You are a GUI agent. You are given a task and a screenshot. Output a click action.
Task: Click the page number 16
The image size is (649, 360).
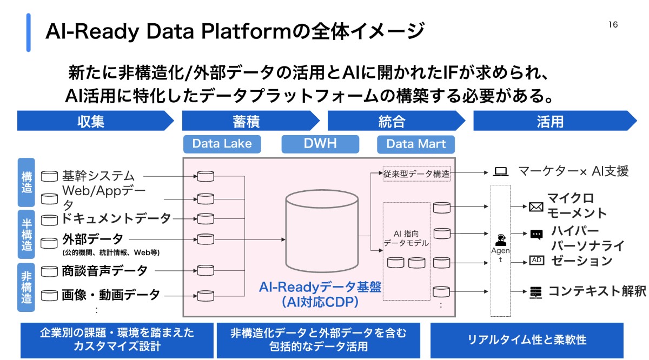(x=613, y=25)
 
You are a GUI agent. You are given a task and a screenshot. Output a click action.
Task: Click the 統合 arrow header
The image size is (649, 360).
(x=392, y=121)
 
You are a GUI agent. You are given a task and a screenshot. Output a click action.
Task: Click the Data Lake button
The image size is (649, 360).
(x=222, y=144)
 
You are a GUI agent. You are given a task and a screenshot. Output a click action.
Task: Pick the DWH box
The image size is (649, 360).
(x=320, y=144)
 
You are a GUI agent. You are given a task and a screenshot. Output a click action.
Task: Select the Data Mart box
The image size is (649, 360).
(x=416, y=144)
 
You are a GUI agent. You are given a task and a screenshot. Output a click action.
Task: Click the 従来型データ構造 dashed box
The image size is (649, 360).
(x=416, y=174)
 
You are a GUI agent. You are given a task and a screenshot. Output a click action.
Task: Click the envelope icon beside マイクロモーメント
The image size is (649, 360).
(x=536, y=206)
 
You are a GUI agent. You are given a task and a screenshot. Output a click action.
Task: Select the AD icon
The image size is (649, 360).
(x=537, y=260)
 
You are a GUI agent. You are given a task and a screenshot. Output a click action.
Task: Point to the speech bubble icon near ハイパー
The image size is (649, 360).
(x=537, y=235)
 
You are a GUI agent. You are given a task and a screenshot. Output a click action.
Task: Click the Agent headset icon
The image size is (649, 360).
(x=500, y=239)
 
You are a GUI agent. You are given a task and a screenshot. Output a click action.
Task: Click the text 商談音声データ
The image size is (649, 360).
(x=105, y=270)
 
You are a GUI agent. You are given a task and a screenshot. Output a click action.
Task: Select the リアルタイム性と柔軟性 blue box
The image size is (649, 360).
(x=527, y=340)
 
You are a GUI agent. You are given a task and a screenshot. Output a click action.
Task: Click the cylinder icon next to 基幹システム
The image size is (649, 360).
(x=50, y=176)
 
